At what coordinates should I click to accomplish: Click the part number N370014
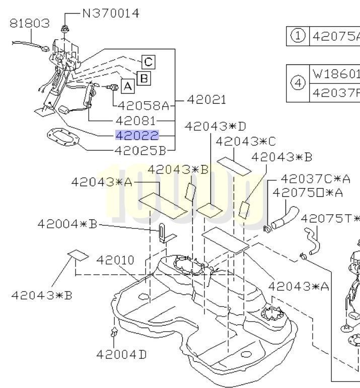click(x=110, y=14)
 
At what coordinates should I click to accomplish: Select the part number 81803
click(x=30, y=23)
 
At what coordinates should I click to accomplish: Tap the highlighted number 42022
click(x=137, y=135)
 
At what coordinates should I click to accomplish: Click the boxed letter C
click(x=148, y=62)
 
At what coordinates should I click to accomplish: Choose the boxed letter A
click(x=128, y=87)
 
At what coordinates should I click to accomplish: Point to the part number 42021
click(x=206, y=100)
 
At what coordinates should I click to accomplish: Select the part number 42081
click(x=135, y=121)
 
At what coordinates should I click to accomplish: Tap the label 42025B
click(x=139, y=150)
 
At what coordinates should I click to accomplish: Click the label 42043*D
click(x=215, y=126)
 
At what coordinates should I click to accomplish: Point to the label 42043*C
click(x=246, y=141)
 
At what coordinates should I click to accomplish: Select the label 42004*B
click(x=67, y=223)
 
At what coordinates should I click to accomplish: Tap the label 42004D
click(x=122, y=354)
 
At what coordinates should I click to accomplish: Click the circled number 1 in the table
click(x=298, y=36)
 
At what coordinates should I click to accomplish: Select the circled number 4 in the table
click(x=298, y=84)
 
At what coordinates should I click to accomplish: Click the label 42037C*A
click(x=315, y=179)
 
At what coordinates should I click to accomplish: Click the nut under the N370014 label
click(x=64, y=29)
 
